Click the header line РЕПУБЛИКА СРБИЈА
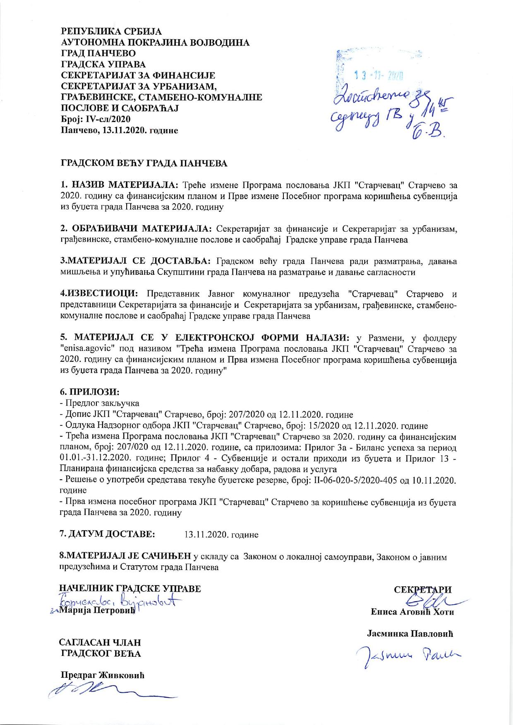111,31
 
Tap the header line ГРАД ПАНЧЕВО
98,53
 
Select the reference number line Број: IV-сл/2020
96,119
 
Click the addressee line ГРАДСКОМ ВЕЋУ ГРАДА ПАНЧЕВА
144,163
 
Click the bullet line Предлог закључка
101,403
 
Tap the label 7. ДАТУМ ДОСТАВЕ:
108,534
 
